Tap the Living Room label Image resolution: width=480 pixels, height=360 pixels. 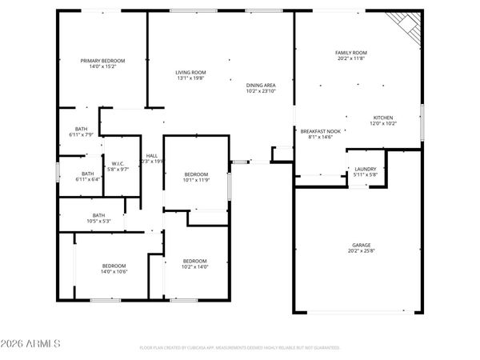(x=191, y=73)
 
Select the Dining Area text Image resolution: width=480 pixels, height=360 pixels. (x=261, y=86)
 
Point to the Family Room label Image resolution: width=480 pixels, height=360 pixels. (x=351, y=53)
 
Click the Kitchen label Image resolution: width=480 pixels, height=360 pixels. (x=382, y=118)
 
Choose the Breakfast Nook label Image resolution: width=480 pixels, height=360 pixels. (x=321, y=130)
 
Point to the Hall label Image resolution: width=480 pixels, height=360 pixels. (x=151, y=156)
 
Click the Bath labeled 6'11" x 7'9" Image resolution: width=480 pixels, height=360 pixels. (x=82, y=129)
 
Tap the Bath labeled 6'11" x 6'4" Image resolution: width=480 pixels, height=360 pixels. (x=87, y=174)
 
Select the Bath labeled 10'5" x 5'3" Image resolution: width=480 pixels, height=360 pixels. (x=98, y=214)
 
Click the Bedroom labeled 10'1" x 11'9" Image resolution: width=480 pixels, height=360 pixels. (x=196, y=174)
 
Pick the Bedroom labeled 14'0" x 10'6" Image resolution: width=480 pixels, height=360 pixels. (x=114, y=266)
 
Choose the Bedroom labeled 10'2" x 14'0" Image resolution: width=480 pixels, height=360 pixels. (x=194, y=262)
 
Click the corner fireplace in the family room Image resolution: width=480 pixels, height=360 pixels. (x=409, y=28)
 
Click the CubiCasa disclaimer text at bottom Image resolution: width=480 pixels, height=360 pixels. (x=239, y=348)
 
